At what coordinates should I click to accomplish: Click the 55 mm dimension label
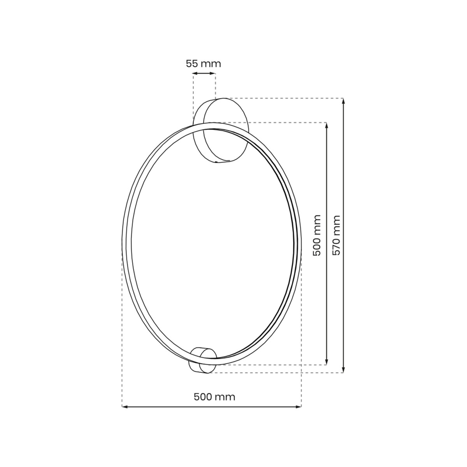(x=203, y=63)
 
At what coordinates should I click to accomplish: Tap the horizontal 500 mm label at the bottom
(x=214, y=397)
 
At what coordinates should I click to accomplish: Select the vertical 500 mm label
(x=317, y=235)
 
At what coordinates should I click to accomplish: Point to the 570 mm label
(x=337, y=235)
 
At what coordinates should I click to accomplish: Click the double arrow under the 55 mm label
(x=204, y=73)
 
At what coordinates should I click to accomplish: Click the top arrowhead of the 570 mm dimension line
(x=343, y=101)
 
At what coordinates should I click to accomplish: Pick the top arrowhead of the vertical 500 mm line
(x=326, y=125)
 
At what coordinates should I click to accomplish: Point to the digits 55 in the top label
(x=192, y=63)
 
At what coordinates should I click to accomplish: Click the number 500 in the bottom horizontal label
(x=203, y=397)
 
